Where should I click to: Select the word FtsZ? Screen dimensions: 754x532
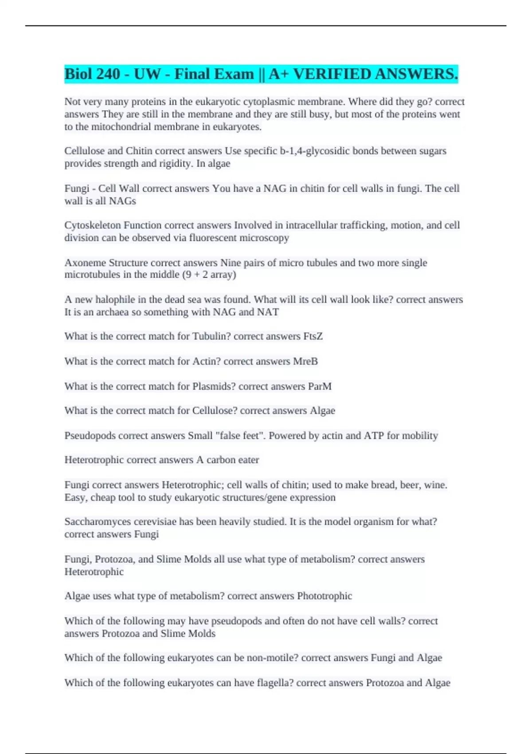313,336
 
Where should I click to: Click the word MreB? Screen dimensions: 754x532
305,361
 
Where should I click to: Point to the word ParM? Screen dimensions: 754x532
320,386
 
